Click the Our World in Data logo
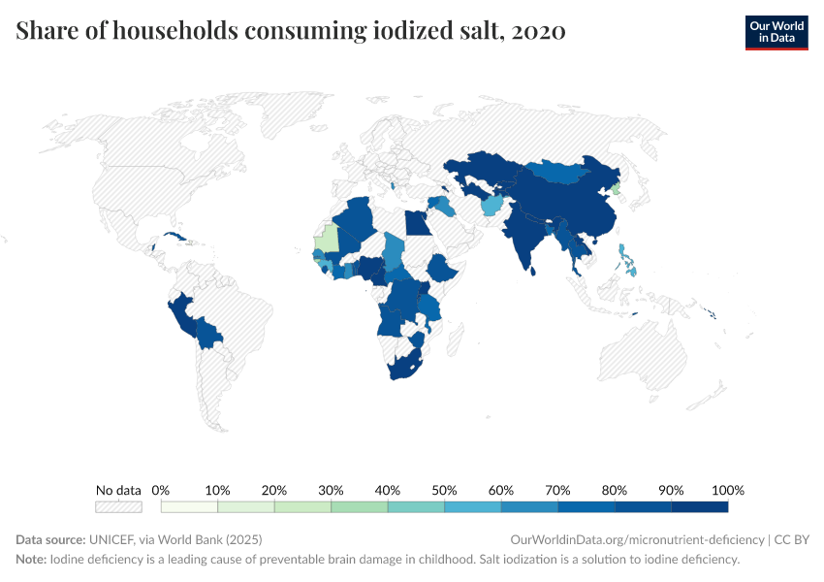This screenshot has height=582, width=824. point(776,32)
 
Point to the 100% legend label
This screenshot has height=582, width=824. point(727,490)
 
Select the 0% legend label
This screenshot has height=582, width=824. point(161,490)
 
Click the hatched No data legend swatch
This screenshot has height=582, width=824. point(118,506)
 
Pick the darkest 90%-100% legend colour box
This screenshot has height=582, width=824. point(699,506)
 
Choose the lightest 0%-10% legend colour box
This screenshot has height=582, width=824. point(189,506)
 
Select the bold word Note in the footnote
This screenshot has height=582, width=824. point(31,560)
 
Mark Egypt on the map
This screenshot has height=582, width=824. point(415,223)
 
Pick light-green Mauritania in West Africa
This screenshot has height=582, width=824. point(330,238)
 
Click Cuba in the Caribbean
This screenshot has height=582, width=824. point(175,237)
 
